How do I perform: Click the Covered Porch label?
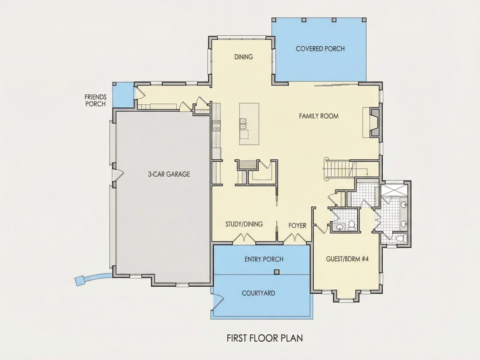(320, 49)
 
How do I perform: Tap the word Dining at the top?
(243, 57)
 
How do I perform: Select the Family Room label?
(319, 116)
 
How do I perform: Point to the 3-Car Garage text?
(169, 174)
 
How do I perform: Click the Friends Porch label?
(96, 100)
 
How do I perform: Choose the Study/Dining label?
(244, 224)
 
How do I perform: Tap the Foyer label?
(297, 226)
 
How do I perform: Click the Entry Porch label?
(264, 259)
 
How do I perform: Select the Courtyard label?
(258, 293)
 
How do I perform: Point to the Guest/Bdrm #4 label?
(347, 259)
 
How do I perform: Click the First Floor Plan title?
(265, 338)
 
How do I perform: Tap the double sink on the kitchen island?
(243, 123)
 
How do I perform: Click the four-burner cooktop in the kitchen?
(216, 126)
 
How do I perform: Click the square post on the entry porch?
(277, 272)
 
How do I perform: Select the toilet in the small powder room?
(352, 225)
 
